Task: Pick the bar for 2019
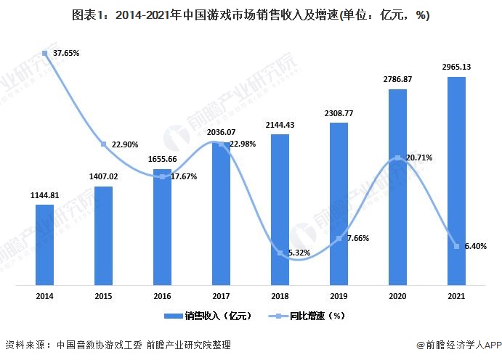click(x=339, y=202)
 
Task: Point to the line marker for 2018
click(x=280, y=253)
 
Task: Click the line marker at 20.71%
click(x=397, y=157)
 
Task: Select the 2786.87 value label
click(x=397, y=80)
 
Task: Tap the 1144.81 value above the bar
click(x=45, y=195)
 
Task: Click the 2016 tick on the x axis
click(x=163, y=295)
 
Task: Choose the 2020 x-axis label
click(x=397, y=295)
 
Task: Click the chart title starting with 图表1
click(x=251, y=15)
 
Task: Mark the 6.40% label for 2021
click(x=475, y=246)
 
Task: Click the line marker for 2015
click(x=104, y=144)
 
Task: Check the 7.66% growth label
click(x=357, y=238)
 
